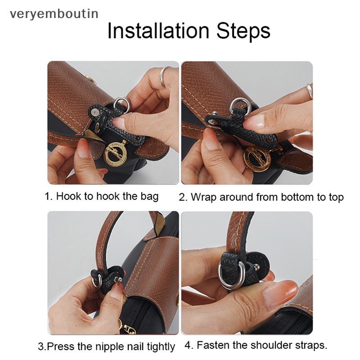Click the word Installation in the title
(158, 31)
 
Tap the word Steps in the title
(243, 31)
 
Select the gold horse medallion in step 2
(257, 159)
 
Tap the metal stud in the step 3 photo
(118, 279)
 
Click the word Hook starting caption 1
(68, 197)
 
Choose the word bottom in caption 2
(297, 198)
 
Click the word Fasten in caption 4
(212, 345)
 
